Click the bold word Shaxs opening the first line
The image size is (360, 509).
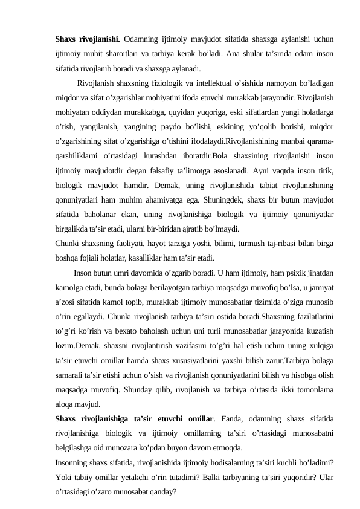coord(66,42)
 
